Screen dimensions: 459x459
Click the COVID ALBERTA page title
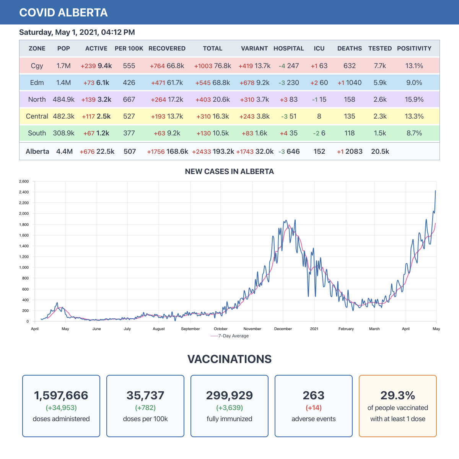63,13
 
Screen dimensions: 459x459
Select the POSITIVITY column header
414,49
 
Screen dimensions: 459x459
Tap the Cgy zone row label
37,66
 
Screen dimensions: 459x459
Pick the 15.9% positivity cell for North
414,99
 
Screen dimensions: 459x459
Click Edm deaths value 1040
353,83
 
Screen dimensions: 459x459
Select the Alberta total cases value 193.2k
223,151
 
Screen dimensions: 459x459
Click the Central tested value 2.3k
380,116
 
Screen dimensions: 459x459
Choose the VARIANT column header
254,49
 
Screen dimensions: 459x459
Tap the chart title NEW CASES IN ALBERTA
229,171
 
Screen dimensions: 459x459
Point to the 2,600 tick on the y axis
24,181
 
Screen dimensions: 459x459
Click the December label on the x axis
283,329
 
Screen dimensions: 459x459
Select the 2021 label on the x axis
314,329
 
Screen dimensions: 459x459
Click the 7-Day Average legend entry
229,336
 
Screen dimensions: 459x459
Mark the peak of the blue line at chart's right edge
435,190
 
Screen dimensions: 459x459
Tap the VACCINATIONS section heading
229,359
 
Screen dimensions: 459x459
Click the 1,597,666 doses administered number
61,395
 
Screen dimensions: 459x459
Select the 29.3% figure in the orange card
398,395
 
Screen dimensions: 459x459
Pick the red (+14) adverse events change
314,408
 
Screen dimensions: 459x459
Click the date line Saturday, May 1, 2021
77,32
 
